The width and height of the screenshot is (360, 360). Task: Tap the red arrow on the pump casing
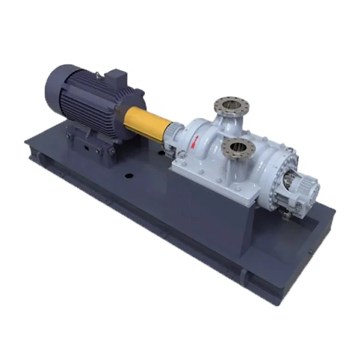[194, 142]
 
